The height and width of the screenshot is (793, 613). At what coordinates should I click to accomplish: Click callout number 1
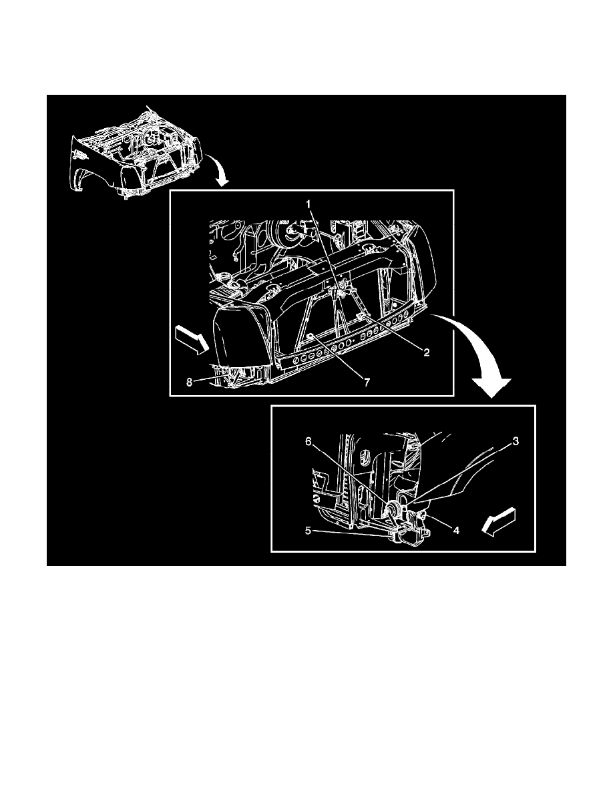(x=308, y=204)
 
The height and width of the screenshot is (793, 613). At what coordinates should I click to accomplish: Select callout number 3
(x=516, y=441)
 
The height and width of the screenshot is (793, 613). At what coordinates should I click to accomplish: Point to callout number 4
(x=455, y=531)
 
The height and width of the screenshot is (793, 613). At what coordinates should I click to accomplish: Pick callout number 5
(x=308, y=531)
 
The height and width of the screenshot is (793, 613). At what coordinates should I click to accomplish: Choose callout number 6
(x=308, y=441)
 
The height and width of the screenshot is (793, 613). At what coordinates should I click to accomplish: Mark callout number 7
(x=367, y=382)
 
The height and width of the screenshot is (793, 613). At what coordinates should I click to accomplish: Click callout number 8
(x=189, y=382)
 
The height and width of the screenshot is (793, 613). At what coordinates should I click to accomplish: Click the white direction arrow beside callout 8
(x=191, y=339)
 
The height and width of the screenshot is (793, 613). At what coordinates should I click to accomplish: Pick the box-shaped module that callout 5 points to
(x=411, y=535)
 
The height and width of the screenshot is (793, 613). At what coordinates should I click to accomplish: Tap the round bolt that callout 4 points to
(x=421, y=515)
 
